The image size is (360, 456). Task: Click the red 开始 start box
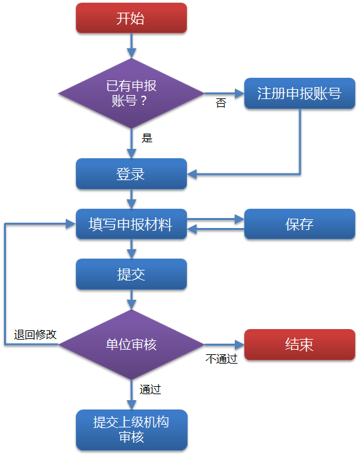(x=131, y=18)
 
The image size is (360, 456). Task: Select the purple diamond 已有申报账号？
(x=131, y=93)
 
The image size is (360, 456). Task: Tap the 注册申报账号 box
(x=299, y=93)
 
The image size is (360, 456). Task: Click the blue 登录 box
(x=131, y=174)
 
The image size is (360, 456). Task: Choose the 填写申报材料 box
(x=131, y=224)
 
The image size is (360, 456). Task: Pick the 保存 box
(x=299, y=224)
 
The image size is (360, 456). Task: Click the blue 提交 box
(x=131, y=275)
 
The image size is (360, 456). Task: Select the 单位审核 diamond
(x=131, y=344)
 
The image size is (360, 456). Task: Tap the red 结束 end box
(x=299, y=344)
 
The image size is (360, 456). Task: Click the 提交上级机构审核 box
(x=132, y=430)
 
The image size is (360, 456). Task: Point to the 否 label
(x=221, y=103)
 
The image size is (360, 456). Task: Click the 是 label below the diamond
(x=147, y=138)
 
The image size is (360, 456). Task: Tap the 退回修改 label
(x=35, y=334)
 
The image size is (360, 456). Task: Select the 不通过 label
(x=221, y=358)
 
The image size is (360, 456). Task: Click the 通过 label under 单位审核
(x=150, y=390)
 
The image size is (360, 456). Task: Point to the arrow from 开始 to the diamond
(x=132, y=46)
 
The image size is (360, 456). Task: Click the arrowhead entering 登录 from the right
(x=192, y=174)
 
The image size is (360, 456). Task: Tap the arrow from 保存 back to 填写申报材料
(x=216, y=229)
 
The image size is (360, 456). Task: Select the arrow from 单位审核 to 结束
(x=224, y=345)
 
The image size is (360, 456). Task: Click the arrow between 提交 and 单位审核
(x=132, y=300)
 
